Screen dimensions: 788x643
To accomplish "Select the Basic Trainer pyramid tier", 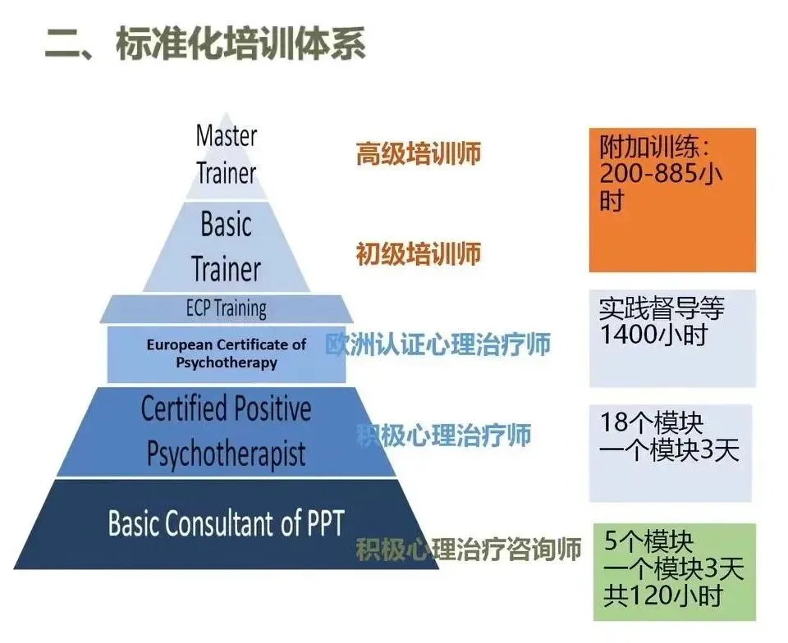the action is point(226,246).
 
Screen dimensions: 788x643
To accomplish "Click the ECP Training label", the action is point(226,308).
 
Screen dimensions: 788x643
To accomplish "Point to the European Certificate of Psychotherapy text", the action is point(226,353).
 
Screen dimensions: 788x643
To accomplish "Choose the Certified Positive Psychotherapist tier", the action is point(226,431).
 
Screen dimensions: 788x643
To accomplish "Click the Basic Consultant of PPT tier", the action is point(226,524).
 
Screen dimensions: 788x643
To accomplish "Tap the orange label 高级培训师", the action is point(418,154).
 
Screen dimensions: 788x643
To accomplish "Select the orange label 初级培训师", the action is point(418,254).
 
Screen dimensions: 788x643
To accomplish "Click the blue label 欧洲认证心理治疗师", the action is point(438,344).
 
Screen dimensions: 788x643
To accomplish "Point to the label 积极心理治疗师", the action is point(443,435).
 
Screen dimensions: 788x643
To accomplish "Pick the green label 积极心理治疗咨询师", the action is point(469,549).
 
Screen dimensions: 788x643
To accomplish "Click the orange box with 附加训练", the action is point(671,200).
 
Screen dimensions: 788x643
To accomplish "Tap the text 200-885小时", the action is point(662,175).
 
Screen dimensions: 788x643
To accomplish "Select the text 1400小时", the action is point(653,335).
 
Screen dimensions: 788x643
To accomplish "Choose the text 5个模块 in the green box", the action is point(648,542).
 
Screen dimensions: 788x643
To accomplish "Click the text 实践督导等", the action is point(662,309).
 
